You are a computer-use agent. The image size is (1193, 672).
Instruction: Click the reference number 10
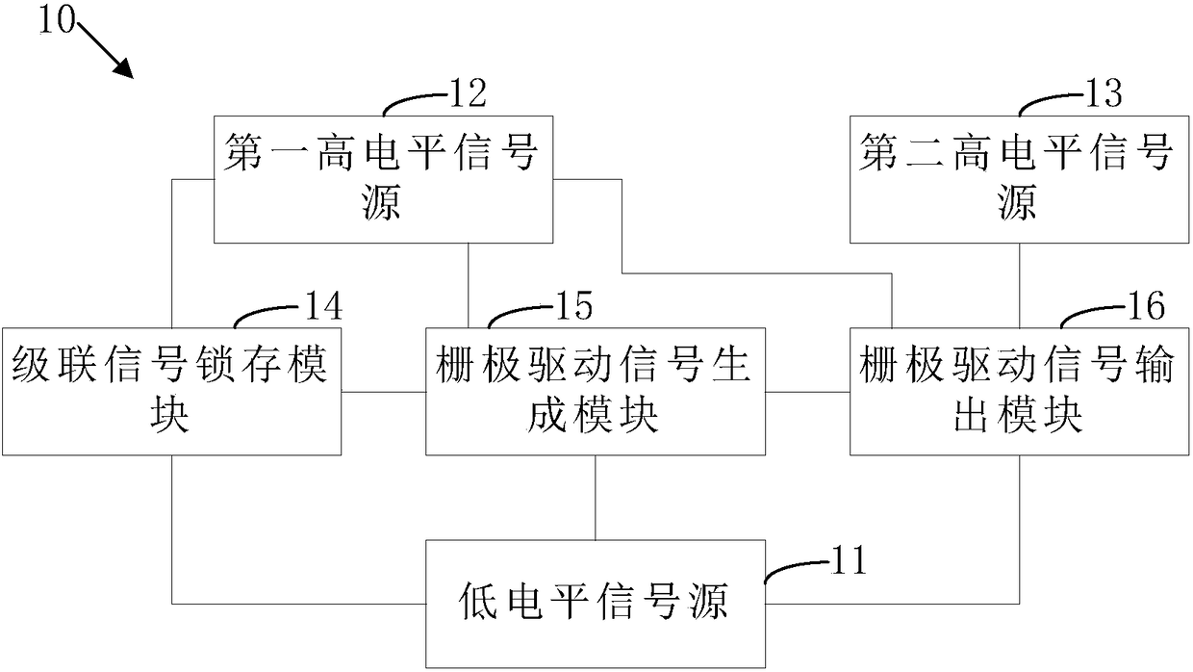coord(57,20)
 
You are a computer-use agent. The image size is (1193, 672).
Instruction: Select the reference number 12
coord(468,93)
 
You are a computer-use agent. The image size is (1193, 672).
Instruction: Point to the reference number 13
coord(1104,93)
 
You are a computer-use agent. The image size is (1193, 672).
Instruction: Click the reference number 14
coord(323,305)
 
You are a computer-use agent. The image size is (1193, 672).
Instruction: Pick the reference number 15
coord(574,305)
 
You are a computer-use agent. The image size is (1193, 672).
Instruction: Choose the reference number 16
coord(1146,305)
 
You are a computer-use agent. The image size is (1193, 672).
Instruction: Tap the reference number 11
coord(849,560)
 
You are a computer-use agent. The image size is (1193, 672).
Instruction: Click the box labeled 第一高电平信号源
coord(384,180)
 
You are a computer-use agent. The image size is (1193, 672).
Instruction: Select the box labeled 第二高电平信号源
coord(1020,180)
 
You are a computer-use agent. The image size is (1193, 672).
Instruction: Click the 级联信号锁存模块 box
coord(171,392)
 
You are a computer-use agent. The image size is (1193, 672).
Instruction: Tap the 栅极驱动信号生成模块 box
coord(596,392)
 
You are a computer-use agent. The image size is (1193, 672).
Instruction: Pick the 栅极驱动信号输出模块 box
coord(1020,392)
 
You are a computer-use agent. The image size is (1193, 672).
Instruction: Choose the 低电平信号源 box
coord(596,604)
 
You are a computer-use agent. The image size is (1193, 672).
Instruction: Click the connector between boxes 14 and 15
coord(384,392)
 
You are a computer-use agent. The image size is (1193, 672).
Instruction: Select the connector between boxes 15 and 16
coord(808,392)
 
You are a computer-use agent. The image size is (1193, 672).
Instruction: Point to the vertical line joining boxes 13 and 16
coord(1020,286)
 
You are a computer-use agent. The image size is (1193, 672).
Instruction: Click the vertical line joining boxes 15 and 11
coord(596,498)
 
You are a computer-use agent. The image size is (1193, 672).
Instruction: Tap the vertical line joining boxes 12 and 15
coord(469,286)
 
